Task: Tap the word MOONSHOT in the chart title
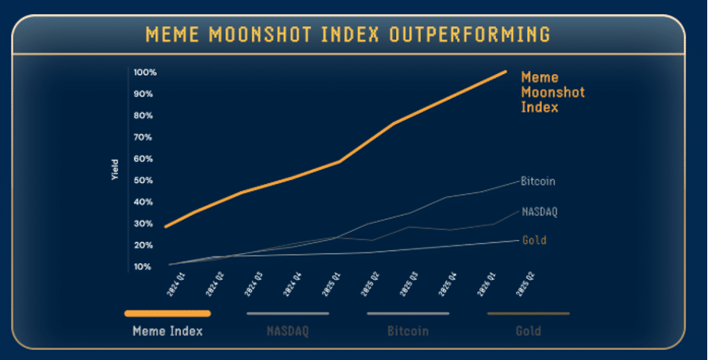[x=260, y=34]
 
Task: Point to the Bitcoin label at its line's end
[x=538, y=181]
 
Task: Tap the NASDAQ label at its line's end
[x=540, y=211]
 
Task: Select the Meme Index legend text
[x=167, y=330]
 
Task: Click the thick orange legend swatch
[x=167, y=313]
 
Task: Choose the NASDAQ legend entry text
[x=288, y=330]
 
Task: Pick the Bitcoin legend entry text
[x=408, y=330]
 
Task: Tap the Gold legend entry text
[x=528, y=330]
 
